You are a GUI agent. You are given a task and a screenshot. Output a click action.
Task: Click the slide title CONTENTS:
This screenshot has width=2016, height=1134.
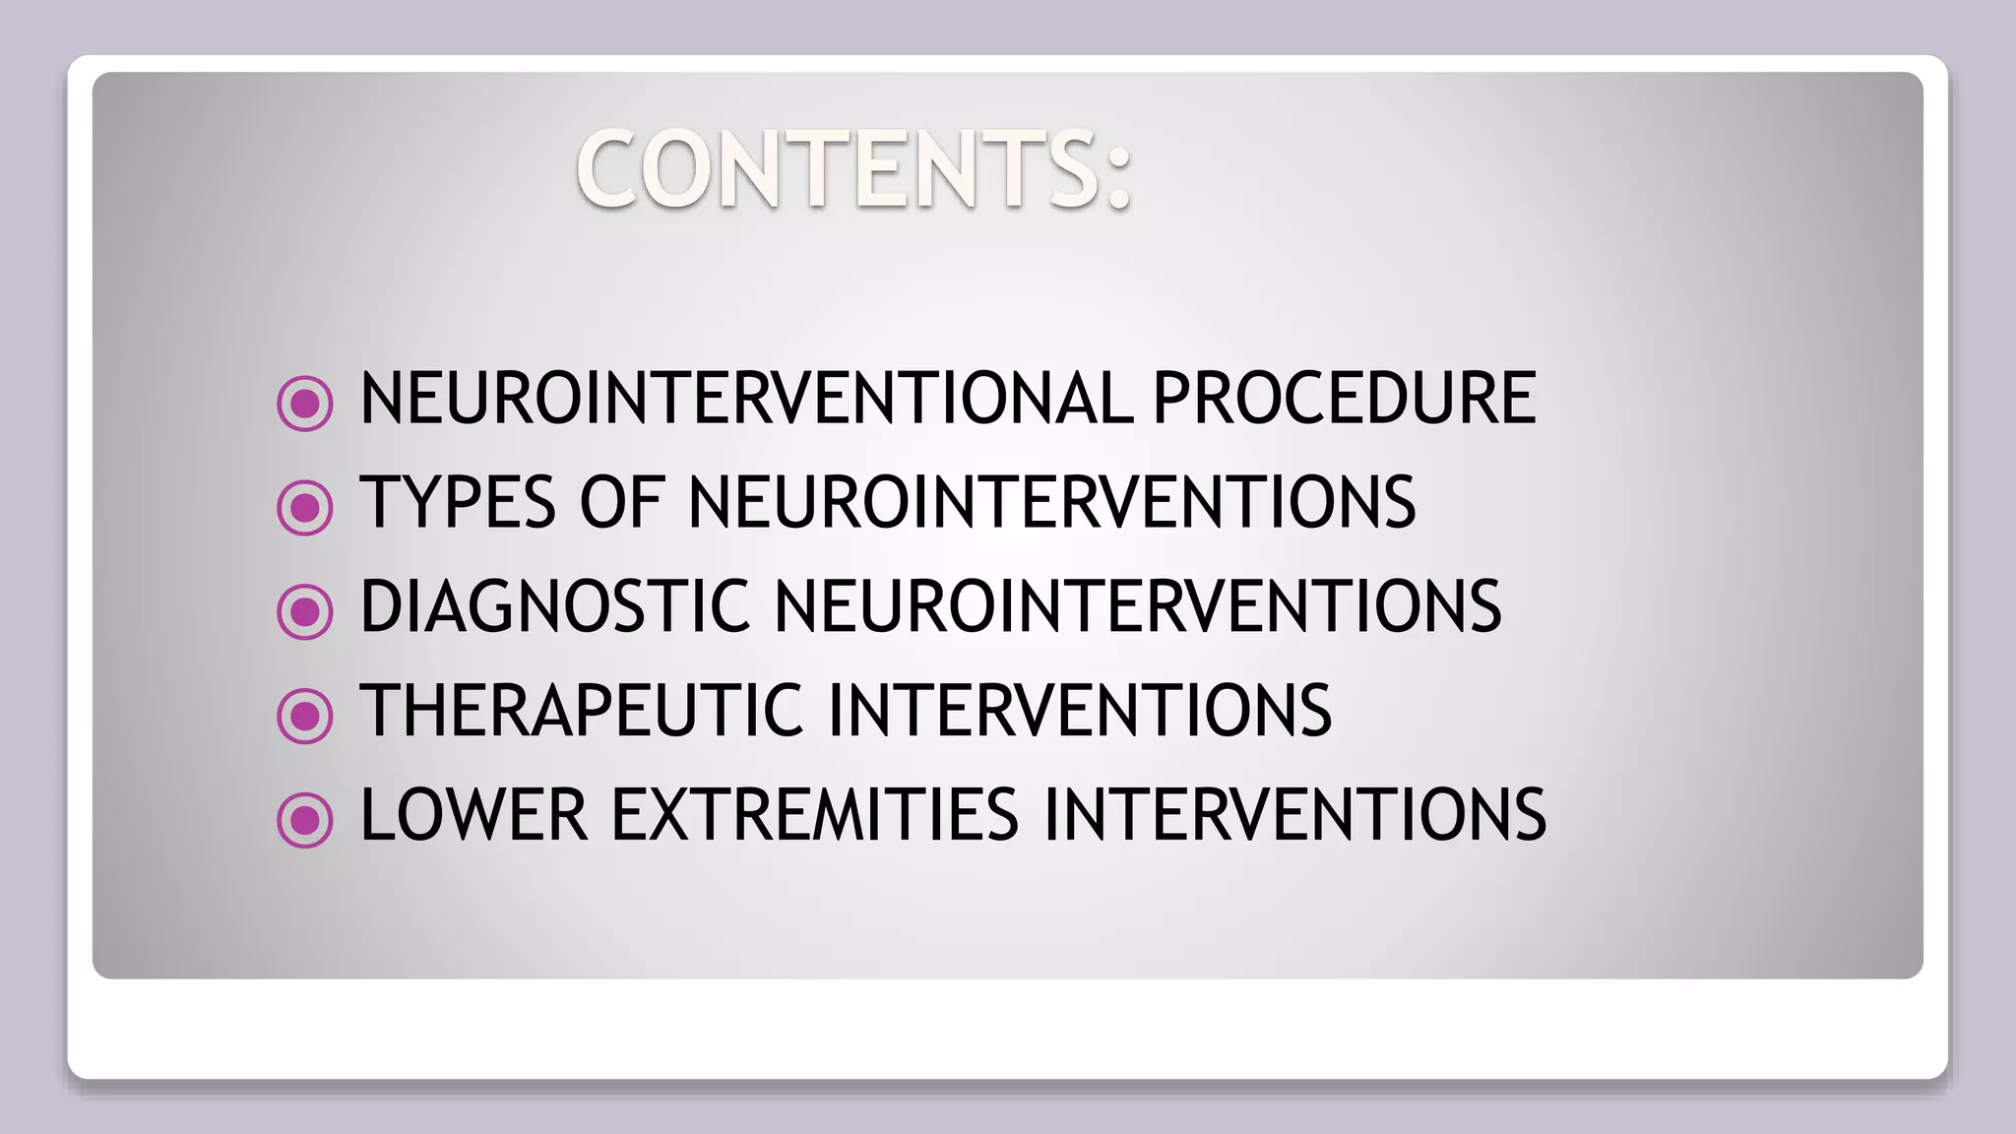(x=854, y=169)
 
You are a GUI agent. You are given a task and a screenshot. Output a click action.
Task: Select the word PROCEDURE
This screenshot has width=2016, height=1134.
(x=1344, y=399)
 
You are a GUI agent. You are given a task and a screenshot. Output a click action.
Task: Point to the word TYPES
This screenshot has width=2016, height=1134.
(x=458, y=503)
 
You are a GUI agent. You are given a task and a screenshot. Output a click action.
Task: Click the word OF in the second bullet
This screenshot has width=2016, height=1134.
(x=622, y=503)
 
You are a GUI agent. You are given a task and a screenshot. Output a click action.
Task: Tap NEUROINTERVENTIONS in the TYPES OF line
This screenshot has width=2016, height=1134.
(x=1051, y=503)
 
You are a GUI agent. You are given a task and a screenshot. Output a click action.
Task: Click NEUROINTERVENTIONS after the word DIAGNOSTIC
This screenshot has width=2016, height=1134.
(x=1138, y=606)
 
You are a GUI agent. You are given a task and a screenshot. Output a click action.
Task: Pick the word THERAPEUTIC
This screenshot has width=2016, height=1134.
(x=582, y=711)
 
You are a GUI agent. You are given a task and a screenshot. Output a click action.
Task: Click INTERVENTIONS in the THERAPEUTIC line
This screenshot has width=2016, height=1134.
(x=1080, y=711)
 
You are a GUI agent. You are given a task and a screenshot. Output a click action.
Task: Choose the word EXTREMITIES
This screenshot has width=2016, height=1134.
(x=815, y=815)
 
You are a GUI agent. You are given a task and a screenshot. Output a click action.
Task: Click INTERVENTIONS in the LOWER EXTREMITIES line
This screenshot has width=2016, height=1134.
(x=1295, y=815)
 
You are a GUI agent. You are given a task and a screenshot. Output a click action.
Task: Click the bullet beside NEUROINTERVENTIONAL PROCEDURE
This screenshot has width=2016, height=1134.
(x=305, y=404)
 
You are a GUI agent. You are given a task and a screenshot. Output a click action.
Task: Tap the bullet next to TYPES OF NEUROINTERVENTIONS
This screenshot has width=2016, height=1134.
(x=305, y=508)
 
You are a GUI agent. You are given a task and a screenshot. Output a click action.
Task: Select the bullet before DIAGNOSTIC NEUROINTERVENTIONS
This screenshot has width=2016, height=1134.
(x=305, y=611)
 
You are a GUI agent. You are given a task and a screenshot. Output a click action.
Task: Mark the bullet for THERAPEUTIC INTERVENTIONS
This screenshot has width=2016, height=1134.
(x=305, y=716)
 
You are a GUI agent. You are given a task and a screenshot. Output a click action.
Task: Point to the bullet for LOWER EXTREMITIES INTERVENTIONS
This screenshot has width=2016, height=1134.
(x=305, y=820)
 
